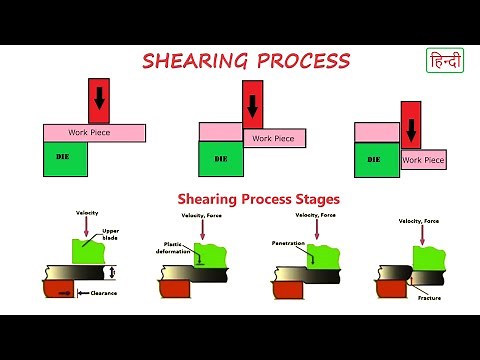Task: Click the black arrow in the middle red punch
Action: pyautogui.click(x=252, y=103)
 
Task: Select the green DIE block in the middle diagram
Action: pyautogui.click(x=220, y=159)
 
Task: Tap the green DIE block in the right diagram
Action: pyautogui.click(x=376, y=159)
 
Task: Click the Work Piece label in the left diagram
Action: pyautogui.click(x=89, y=132)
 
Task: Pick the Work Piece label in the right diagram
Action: pyautogui.click(x=423, y=159)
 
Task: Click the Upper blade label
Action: pyautogui.click(x=112, y=236)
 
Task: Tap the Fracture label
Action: pyautogui.click(x=430, y=297)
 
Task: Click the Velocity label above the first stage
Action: pyautogui.click(x=87, y=213)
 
